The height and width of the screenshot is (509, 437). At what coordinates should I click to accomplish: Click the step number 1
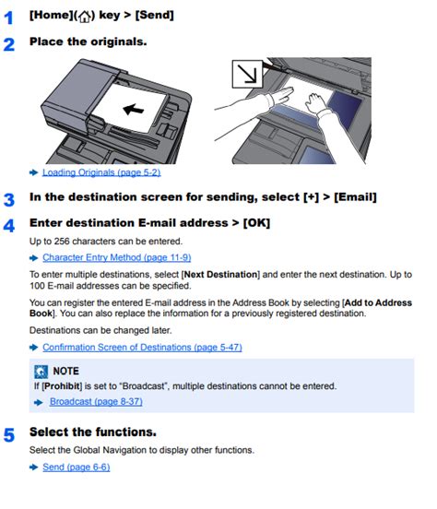(x=9, y=16)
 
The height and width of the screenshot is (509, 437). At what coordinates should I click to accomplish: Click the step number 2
(x=9, y=43)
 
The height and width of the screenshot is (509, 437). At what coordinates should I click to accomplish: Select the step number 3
(x=9, y=198)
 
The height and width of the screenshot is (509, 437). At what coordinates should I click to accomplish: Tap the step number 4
(x=9, y=224)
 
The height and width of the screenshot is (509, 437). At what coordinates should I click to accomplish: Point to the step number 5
(x=9, y=433)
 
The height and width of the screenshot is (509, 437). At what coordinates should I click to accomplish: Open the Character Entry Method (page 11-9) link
(x=116, y=257)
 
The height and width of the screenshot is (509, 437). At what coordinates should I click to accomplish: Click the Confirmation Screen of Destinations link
(x=142, y=347)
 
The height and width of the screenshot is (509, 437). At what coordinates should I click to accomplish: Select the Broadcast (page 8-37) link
(x=96, y=401)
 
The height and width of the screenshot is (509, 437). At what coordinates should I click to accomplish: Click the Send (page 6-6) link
(x=76, y=468)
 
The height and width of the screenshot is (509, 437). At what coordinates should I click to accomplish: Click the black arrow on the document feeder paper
(x=134, y=110)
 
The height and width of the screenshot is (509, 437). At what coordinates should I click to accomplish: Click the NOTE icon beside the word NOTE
(x=39, y=371)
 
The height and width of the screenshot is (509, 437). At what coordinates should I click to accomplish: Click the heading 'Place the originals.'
(x=88, y=42)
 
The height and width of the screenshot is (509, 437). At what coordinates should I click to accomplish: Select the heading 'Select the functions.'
(x=92, y=432)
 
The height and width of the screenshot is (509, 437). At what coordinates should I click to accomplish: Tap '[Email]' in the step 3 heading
(x=352, y=197)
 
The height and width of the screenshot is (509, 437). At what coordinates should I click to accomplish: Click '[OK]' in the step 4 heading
(x=259, y=223)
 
